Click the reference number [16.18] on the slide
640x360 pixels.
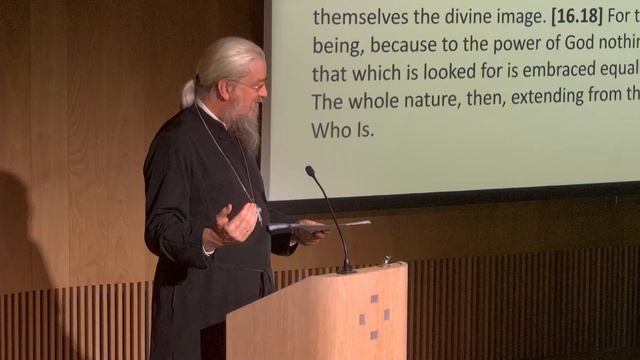pos(549,17)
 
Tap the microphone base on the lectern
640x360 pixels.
pos(345,268)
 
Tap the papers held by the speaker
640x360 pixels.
pos(315,227)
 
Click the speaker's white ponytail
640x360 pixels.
pos(187,92)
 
